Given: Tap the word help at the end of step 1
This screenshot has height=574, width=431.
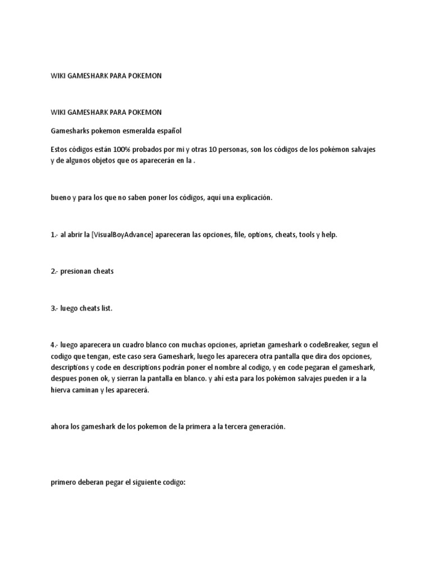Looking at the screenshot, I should (x=329, y=234).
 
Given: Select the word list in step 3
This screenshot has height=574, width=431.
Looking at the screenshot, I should (x=107, y=308).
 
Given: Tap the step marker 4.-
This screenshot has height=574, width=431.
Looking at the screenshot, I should (x=54, y=344).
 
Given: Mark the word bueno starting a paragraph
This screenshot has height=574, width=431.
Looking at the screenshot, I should (x=61, y=197).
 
